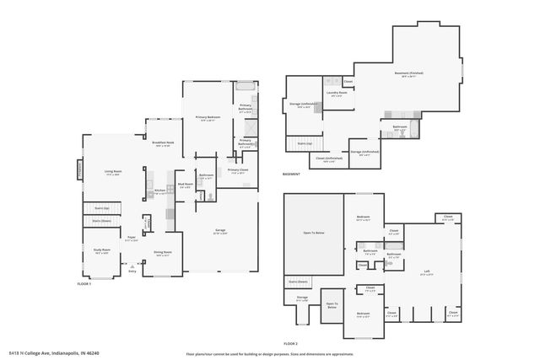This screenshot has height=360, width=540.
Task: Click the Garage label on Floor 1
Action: pyautogui.click(x=220, y=230)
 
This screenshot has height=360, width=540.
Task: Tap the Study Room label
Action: pyautogui.click(x=102, y=250)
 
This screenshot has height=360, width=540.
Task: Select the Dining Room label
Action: pyautogui.click(x=163, y=253)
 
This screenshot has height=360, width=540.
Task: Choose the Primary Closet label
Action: pyautogui.click(x=237, y=171)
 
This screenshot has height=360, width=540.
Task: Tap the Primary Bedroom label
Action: pyautogui.click(x=208, y=119)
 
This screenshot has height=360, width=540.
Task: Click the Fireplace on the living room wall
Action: pyautogui.click(x=81, y=169)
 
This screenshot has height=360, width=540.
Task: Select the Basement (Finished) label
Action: pyautogui.click(x=411, y=73)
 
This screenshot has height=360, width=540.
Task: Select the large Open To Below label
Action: pyautogui.click(x=313, y=232)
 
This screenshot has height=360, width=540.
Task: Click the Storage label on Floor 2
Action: pyautogui.click(x=302, y=298)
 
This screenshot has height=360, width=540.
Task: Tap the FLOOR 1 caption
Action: pyautogui.click(x=84, y=284)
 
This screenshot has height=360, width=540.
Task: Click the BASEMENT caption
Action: pyautogui.click(x=292, y=175)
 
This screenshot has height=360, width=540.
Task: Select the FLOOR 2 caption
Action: pyautogui.click(x=291, y=343)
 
